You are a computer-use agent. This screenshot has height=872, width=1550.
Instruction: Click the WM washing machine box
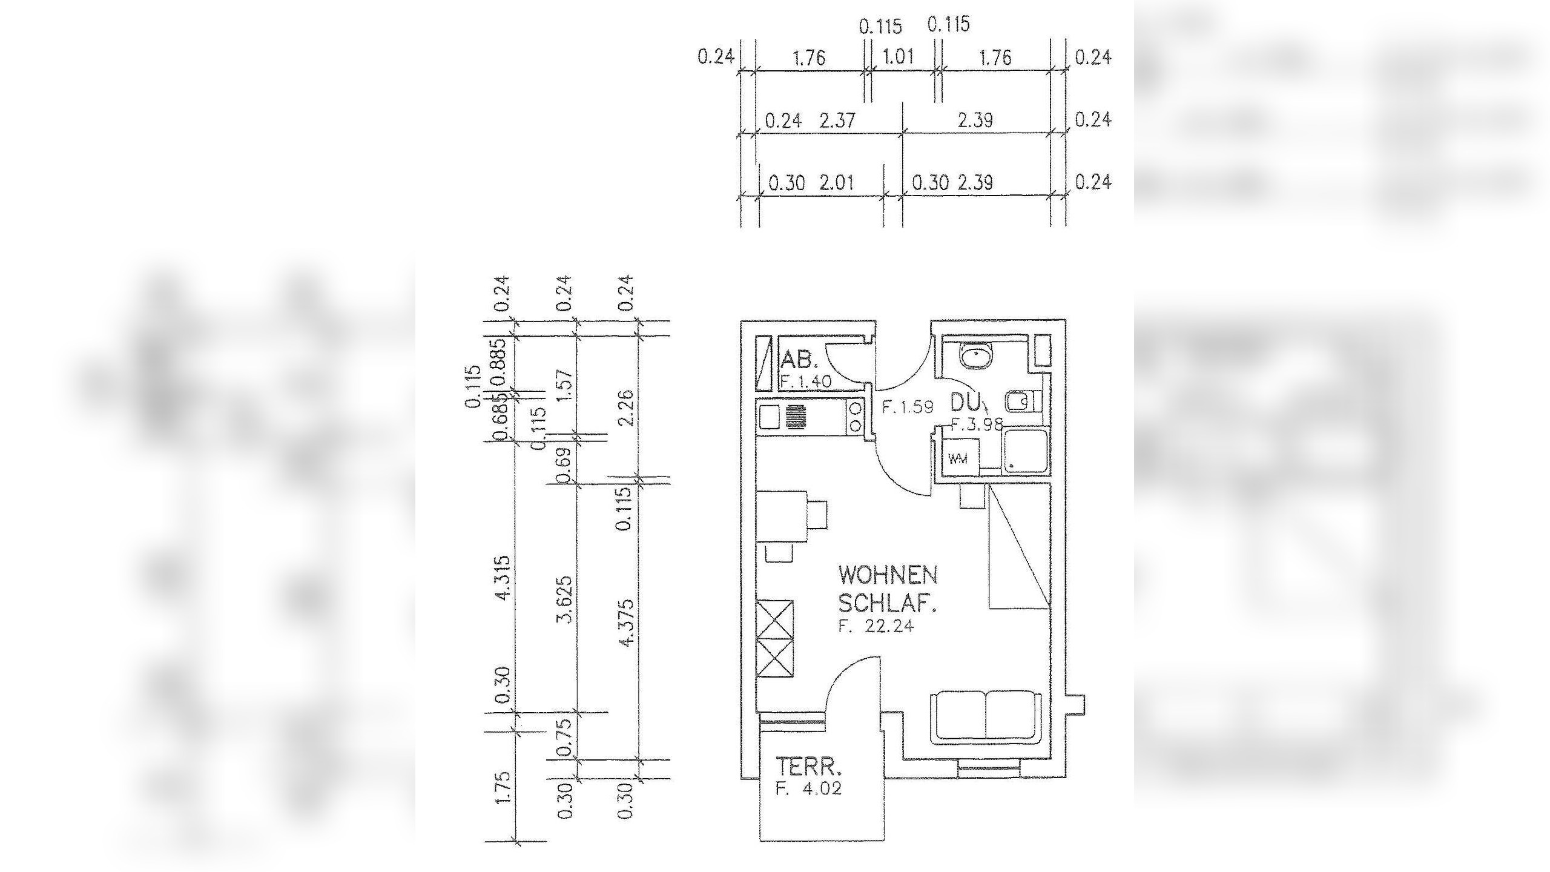click(957, 458)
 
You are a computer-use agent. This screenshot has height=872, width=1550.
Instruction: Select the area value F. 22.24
click(876, 626)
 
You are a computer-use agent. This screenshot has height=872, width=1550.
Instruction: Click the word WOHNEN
click(888, 575)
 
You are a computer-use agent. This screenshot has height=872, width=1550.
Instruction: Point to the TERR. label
click(809, 767)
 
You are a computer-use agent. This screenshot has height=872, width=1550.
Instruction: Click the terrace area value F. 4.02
click(809, 789)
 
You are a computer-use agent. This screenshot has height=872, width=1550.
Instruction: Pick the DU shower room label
click(965, 402)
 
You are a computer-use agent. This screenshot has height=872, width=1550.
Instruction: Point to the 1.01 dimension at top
click(899, 58)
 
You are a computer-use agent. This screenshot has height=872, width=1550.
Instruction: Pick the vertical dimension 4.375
click(627, 623)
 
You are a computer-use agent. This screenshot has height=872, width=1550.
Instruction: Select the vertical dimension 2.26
click(627, 408)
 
